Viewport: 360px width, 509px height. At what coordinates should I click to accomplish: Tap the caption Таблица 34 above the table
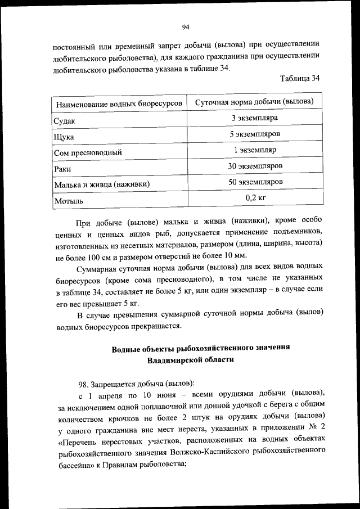pos(300,79)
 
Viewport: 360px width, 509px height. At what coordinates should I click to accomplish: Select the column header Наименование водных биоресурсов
pos(118,104)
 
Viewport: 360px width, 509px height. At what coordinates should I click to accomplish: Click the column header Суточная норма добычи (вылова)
pos(254,102)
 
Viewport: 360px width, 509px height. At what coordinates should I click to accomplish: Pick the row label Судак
pos(64,121)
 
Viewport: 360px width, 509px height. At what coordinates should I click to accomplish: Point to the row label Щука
pos(64,137)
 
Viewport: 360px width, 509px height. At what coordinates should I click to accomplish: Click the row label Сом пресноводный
pos(87,152)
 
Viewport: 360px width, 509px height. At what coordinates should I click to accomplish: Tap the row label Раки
pos(62,168)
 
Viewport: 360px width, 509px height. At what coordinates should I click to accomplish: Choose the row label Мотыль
pos(68,200)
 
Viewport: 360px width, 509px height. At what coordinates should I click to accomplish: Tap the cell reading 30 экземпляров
pos(254,166)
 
